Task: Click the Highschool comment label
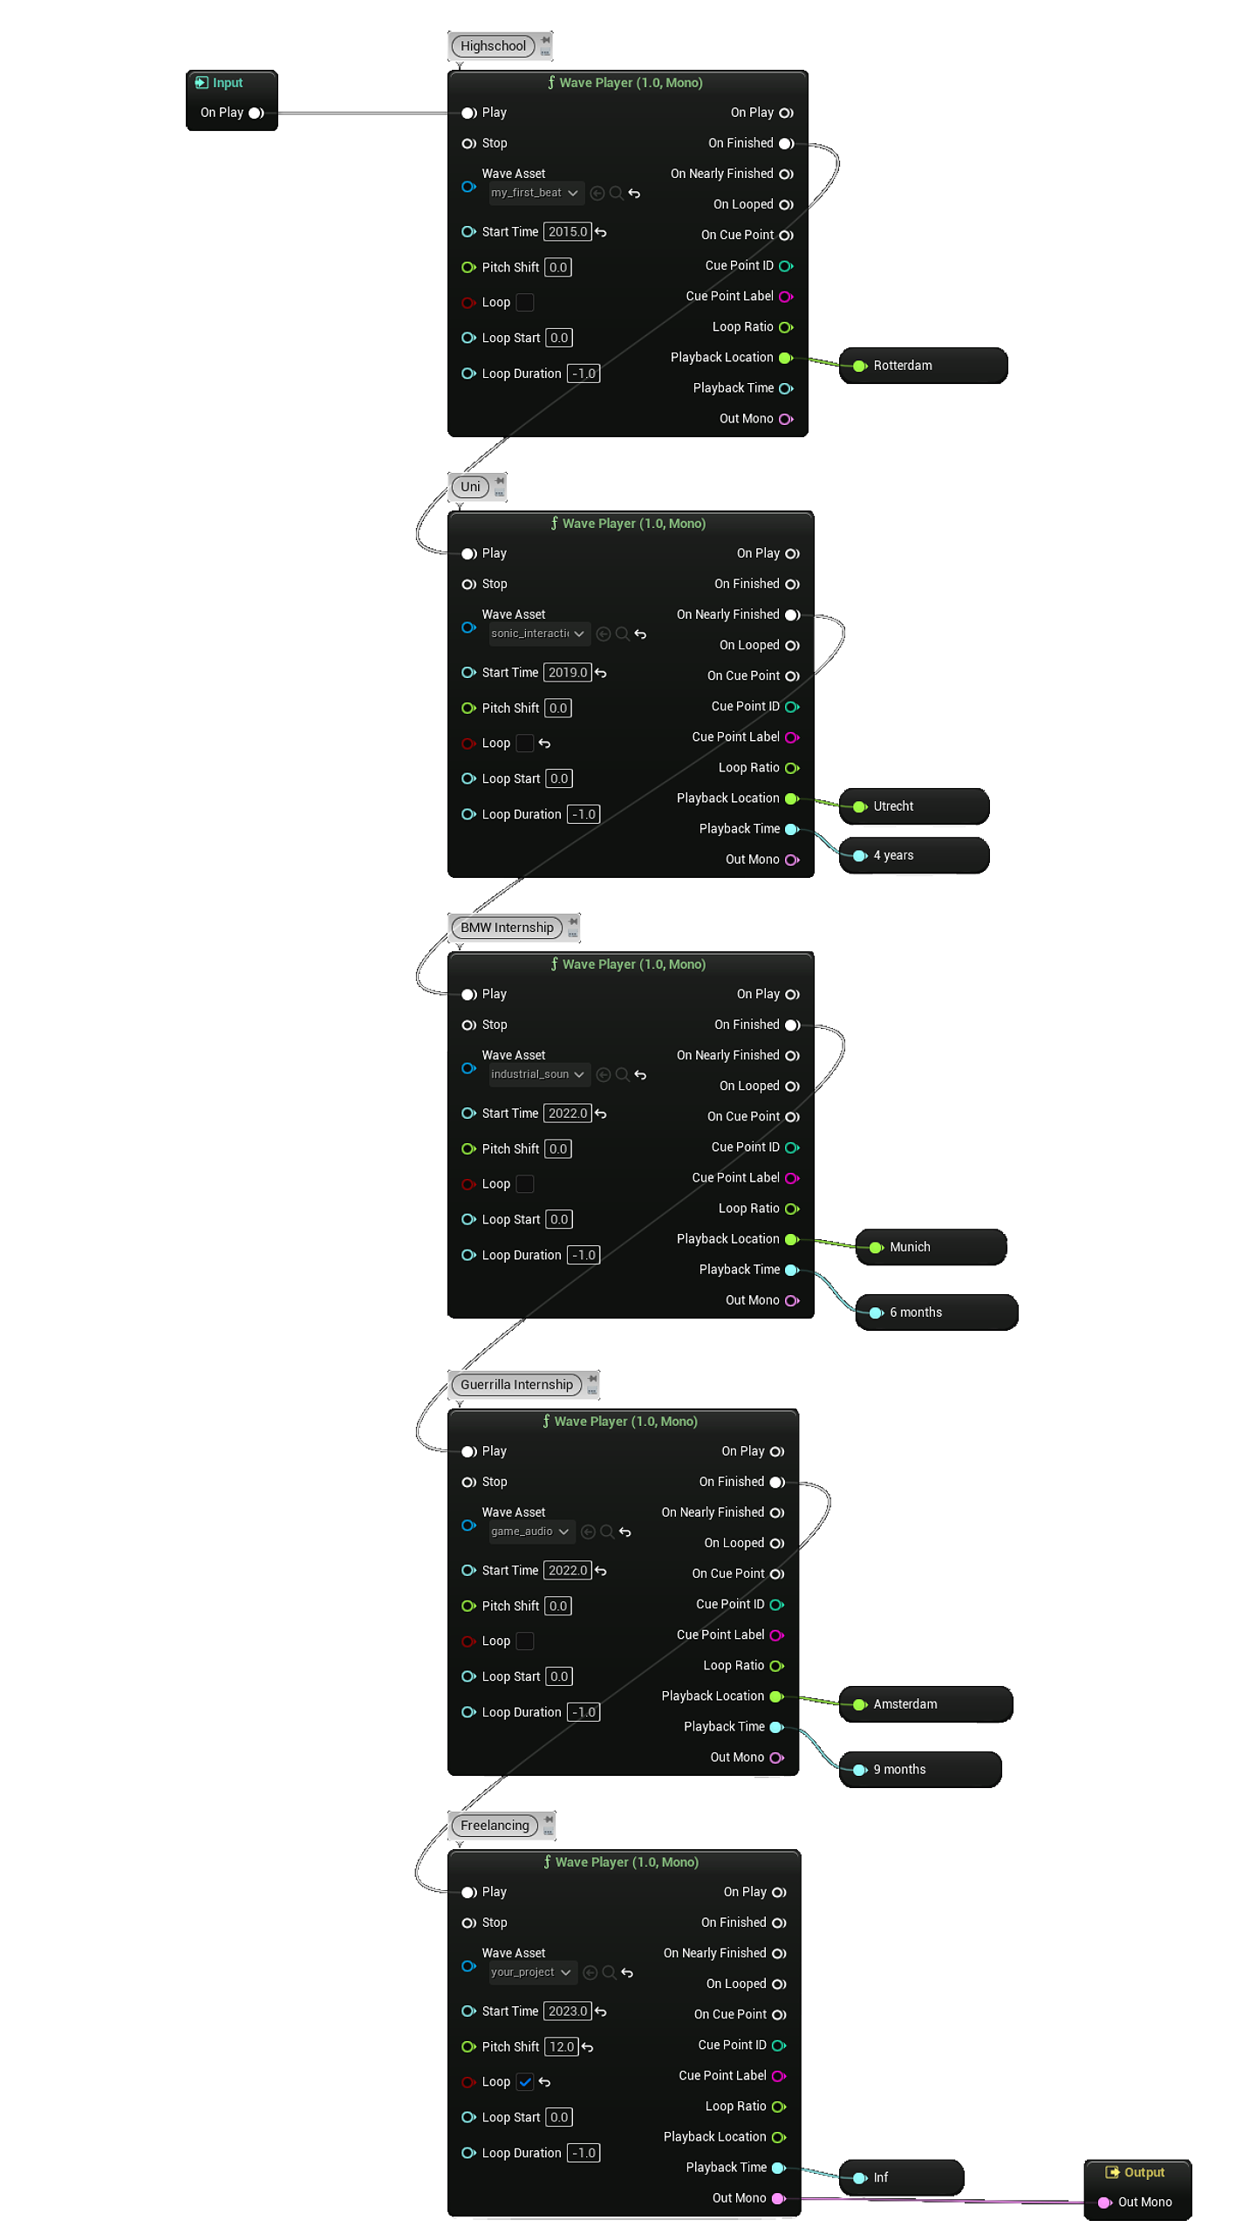pyautogui.click(x=493, y=46)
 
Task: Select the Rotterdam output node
pyautogui.click(x=922, y=366)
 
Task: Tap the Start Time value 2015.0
pyautogui.click(x=567, y=232)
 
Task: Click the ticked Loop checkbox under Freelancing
pyautogui.click(x=525, y=2082)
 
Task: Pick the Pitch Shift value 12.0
pyautogui.click(x=561, y=2047)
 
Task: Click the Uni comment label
pyautogui.click(x=470, y=487)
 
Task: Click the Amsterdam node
pyautogui.click(x=924, y=1704)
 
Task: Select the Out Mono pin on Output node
pyautogui.click(x=1104, y=2203)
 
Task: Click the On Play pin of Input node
pyautogui.click(x=256, y=113)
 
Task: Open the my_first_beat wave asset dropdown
pyautogui.click(x=535, y=193)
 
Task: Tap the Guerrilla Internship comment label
pyautogui.click(x=516, y=1385)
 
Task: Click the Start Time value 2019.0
pyautogui.click(x=567, y=673)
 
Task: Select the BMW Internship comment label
pyautogui.click(x=507, y=928)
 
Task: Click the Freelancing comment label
pyautogui.click(x=495, y=1826)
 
